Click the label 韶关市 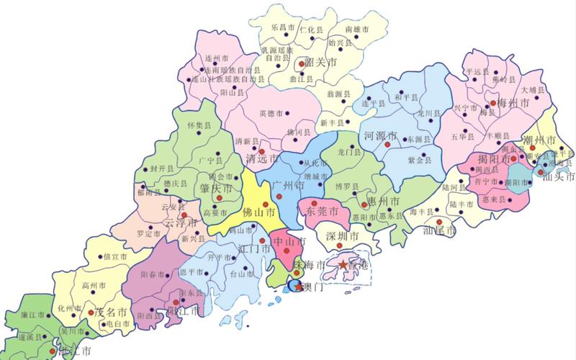[321, 63]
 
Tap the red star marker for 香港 [343, 266]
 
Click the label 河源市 [382, 135]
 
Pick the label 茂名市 [112, 313]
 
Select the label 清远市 [262, 158]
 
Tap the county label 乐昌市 [282, 27]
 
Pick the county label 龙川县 [427, 114]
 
